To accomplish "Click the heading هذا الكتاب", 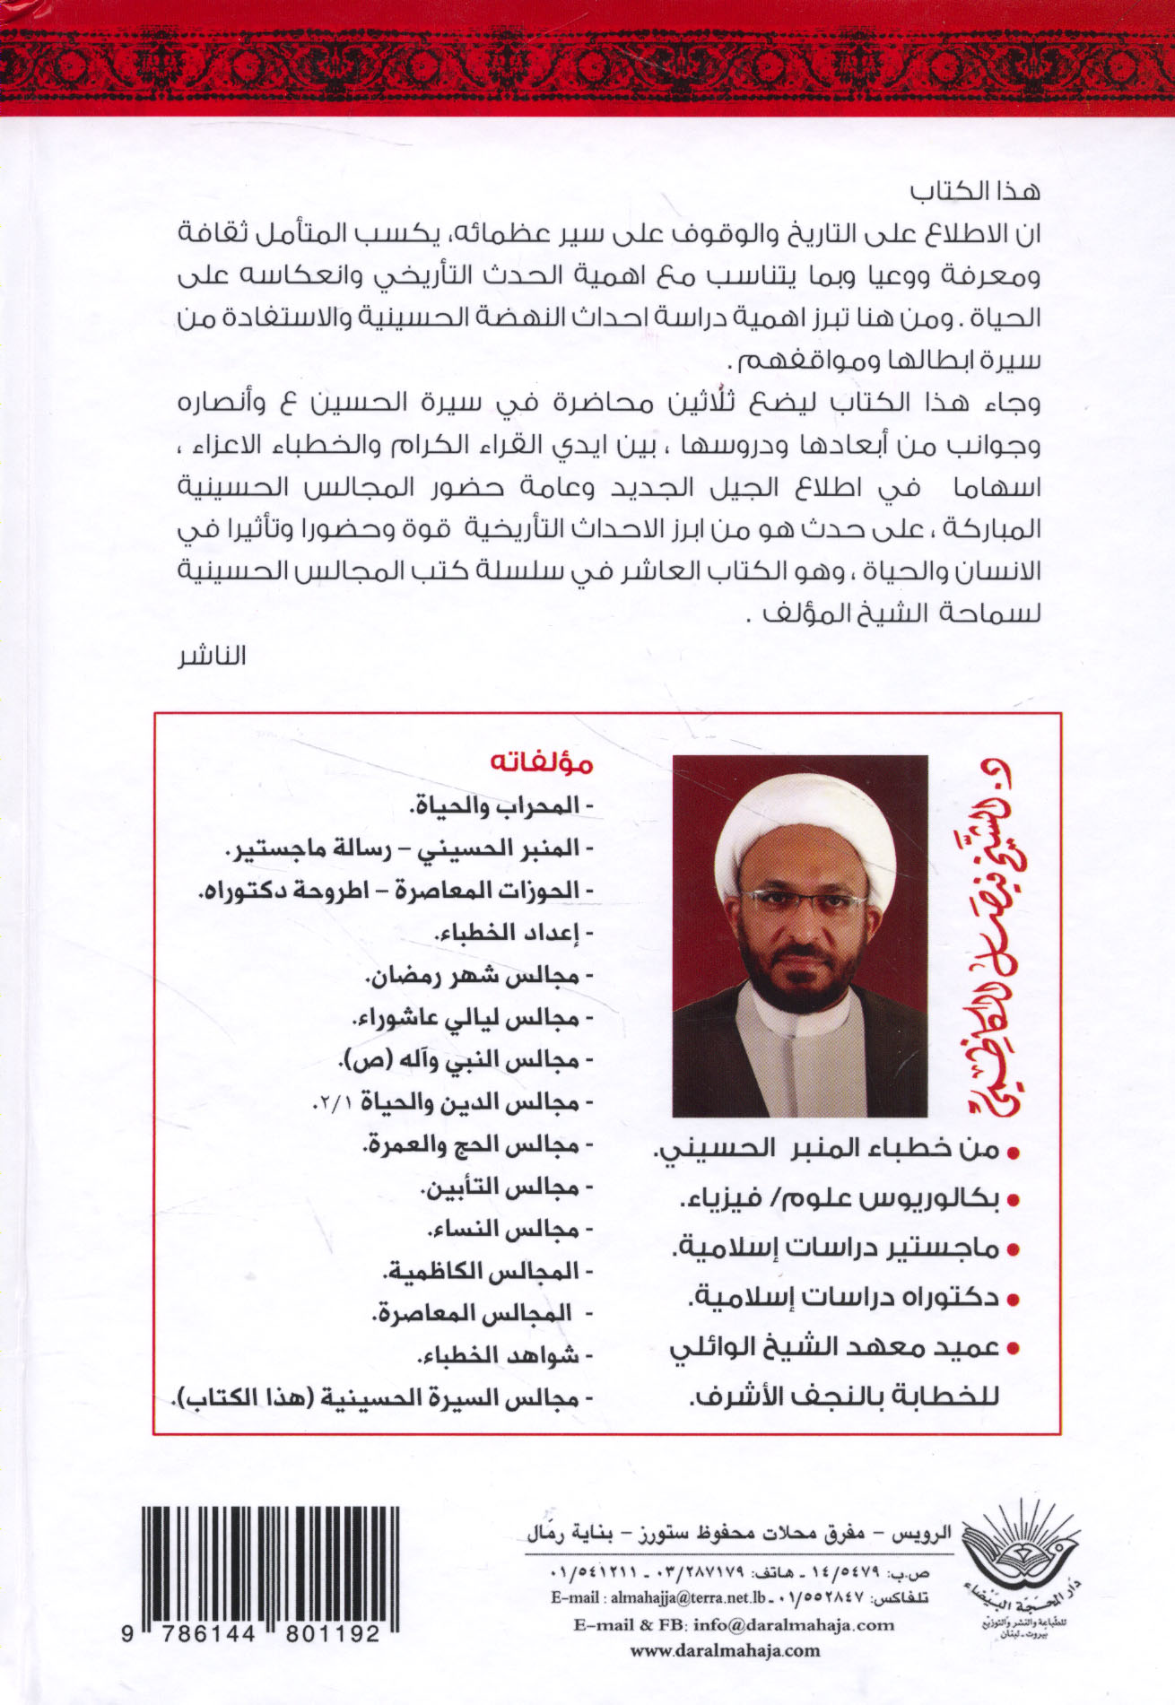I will point(975,191).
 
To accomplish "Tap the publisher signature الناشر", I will point(212,656).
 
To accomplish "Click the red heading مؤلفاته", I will point(541,764).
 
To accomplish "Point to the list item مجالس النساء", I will point(504,1229).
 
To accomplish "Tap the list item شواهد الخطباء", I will point(502,1355).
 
